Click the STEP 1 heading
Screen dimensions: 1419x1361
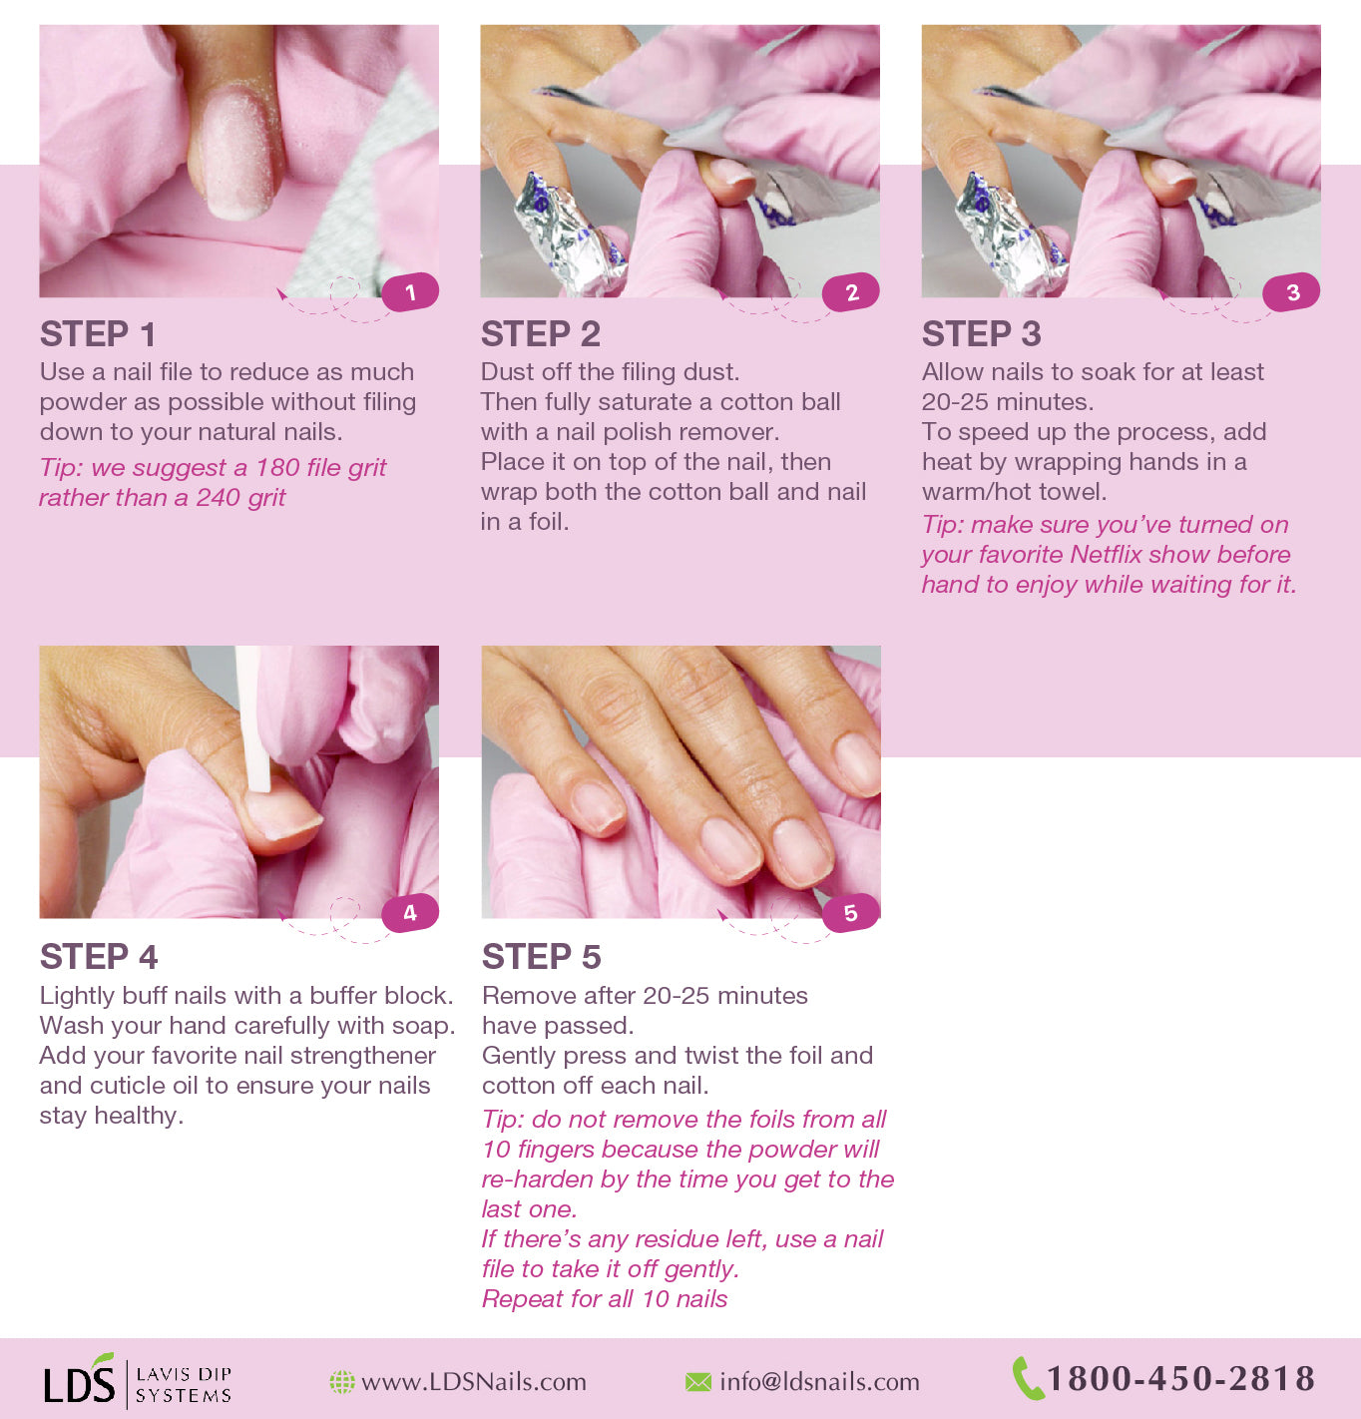pos(98,334)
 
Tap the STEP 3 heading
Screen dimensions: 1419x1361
pos(981,334)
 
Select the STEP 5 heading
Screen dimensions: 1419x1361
pos(541,957)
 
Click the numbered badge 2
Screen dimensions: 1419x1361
pos(851,292)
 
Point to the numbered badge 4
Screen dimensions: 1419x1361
pos(410,913)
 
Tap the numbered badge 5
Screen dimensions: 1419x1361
pos(850,913)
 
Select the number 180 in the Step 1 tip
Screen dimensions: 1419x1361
pos(277,468)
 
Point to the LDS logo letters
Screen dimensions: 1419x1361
pos(79,1383)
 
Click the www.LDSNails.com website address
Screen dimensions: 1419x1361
pos(473,1382)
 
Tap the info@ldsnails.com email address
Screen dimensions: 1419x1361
pos(819,1382)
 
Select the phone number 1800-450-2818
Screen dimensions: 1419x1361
pos(1180,1379)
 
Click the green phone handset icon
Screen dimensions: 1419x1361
pos(1027,1378)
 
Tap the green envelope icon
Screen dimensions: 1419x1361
pos(698,1382)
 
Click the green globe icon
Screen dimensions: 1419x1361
pos(342,1382)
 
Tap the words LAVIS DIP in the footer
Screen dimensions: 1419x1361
pos(183,1373)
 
